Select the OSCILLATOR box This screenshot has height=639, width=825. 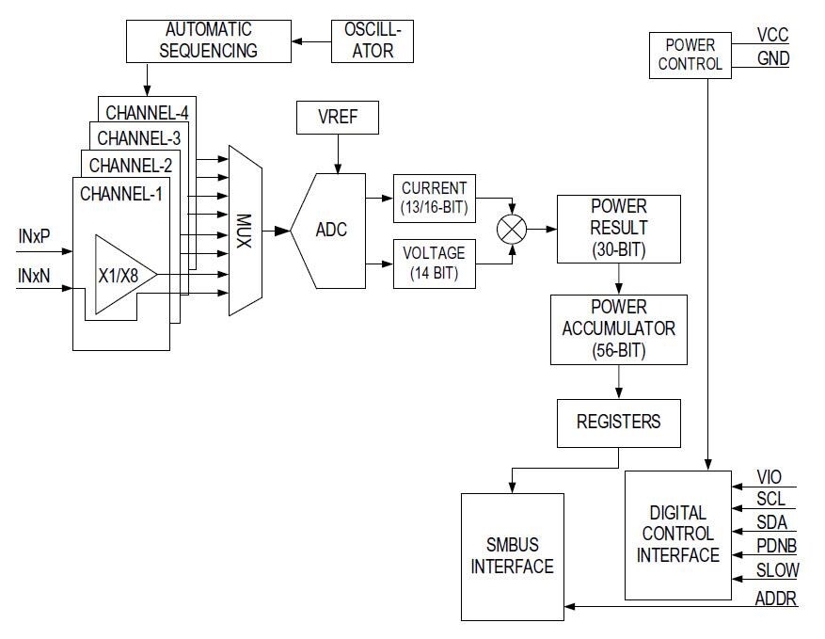tap(373, 40)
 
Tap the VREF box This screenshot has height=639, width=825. tap(338, 120)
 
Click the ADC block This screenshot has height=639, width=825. tap(331, 230)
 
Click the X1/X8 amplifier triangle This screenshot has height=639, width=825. tap(120, 275)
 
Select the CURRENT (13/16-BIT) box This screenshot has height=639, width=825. tap(434, 199)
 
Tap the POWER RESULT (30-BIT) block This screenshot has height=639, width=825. tap(618, 229)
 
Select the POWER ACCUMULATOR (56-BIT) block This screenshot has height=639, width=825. tap(618, 328)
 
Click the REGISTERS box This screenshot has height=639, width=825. tap(618, 421)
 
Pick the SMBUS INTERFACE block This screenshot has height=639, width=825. tap(512, 556)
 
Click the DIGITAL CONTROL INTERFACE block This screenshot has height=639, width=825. tap(677, 535)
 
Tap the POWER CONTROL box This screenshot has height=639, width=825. tap(690, 54)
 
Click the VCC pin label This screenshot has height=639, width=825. tap(772, 36)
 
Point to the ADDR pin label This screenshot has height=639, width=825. tap(776, 598)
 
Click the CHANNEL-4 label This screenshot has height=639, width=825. tap(147, 113)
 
